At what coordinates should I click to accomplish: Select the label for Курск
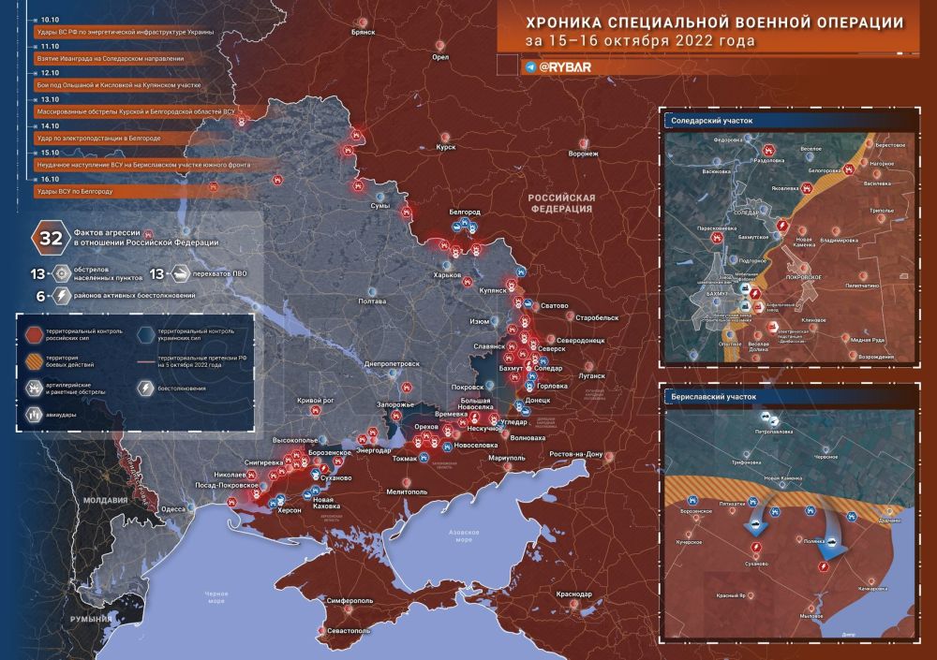(446, 147)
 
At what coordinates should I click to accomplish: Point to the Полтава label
(372, 301)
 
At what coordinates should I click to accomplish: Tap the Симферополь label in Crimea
(350, 600)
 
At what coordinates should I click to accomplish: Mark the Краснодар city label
(573, 594)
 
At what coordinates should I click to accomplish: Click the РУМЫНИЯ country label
(94, 619)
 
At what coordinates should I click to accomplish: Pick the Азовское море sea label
(466, 536)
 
